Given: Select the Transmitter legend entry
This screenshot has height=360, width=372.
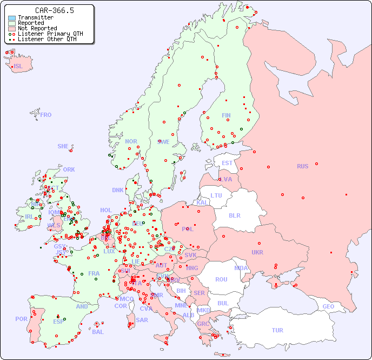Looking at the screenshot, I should click(35, 18).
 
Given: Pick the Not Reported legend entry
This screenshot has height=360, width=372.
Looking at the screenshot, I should click(37, 29).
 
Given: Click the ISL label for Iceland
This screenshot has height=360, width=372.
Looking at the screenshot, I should click(18, 67).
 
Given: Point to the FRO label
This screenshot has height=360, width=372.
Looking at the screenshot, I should click(46, 115).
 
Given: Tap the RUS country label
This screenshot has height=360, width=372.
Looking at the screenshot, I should click(302, 166).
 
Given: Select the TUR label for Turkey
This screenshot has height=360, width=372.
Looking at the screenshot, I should click(277, 330).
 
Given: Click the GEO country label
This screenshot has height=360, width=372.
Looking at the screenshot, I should click(328, 306).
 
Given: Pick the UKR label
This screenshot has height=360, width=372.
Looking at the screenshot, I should click(257, 252).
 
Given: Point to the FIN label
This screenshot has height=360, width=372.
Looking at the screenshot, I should click(226, 115).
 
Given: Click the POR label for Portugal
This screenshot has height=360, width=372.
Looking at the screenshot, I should click(21, 319).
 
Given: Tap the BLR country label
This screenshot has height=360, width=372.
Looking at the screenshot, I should click(235, 215).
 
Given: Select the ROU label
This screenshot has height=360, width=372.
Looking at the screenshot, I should click(221, 279).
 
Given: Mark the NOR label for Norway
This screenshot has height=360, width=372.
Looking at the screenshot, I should click(131, 141).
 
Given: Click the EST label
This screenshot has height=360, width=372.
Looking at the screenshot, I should click(227, 163).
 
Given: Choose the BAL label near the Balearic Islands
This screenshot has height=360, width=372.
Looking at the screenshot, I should click(97, 332).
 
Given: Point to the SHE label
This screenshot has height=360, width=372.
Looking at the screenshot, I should click(63, 146).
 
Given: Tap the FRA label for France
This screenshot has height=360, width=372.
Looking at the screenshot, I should click(94, 273).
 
